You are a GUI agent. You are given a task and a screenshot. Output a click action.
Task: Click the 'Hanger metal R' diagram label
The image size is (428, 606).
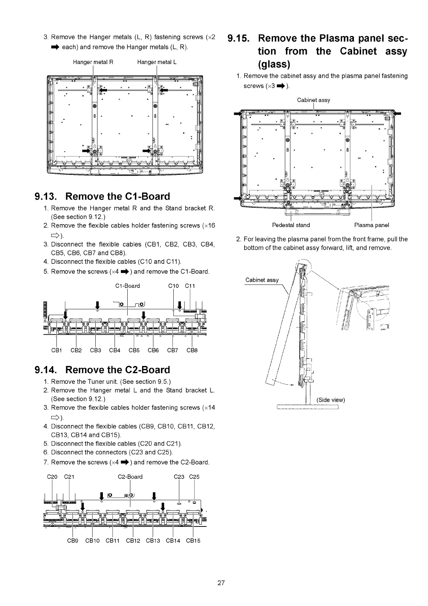[x=93, y=62]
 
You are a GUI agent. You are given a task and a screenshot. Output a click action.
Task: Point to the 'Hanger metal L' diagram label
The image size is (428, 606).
[x=157, y=62]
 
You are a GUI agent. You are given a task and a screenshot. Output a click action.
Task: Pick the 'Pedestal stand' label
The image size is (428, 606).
[x=291, y=225]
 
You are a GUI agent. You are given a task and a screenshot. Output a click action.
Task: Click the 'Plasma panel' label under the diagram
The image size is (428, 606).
[x=372, y=225]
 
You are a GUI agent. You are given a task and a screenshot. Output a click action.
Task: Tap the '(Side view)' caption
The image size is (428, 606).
[x=331, y=400]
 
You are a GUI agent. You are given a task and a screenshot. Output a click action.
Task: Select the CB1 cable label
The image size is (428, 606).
[x=57, y=350]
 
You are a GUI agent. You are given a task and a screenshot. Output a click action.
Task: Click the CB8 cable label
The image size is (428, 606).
[x=192, y=350]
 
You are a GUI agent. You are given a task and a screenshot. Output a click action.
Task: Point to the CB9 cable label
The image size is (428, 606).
[x=73, y=541]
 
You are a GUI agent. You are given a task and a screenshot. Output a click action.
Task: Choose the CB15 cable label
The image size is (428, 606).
[x=193, y=541]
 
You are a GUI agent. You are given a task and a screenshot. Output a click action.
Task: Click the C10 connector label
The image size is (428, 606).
[x=173, y=286]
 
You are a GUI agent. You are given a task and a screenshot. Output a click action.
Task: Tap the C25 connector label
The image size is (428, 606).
[x=194, y=477]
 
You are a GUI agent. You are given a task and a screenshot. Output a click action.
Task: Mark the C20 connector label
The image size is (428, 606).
[x=53, y=477]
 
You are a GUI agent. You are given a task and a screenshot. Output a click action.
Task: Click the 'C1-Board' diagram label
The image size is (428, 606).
[x=127, y=286]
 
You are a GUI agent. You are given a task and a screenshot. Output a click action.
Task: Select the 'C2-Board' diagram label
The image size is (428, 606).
[x=130, y=477]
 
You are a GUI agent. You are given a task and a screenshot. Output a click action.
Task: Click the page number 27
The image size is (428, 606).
[x=221, y=583]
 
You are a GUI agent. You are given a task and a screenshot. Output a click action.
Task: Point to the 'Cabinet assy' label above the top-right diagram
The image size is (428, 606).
[x=314, y=100]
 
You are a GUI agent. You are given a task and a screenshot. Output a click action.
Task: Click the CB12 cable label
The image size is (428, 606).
[x=133, y=541]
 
